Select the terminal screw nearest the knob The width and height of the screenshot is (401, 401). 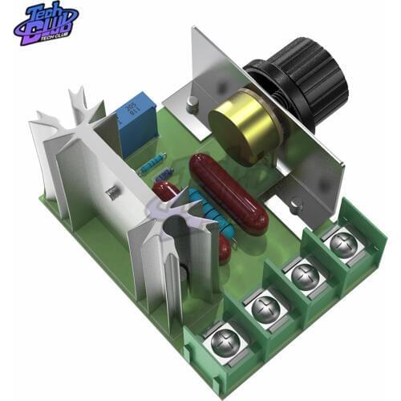[345, 241]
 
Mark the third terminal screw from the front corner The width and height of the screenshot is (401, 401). [305, 275]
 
